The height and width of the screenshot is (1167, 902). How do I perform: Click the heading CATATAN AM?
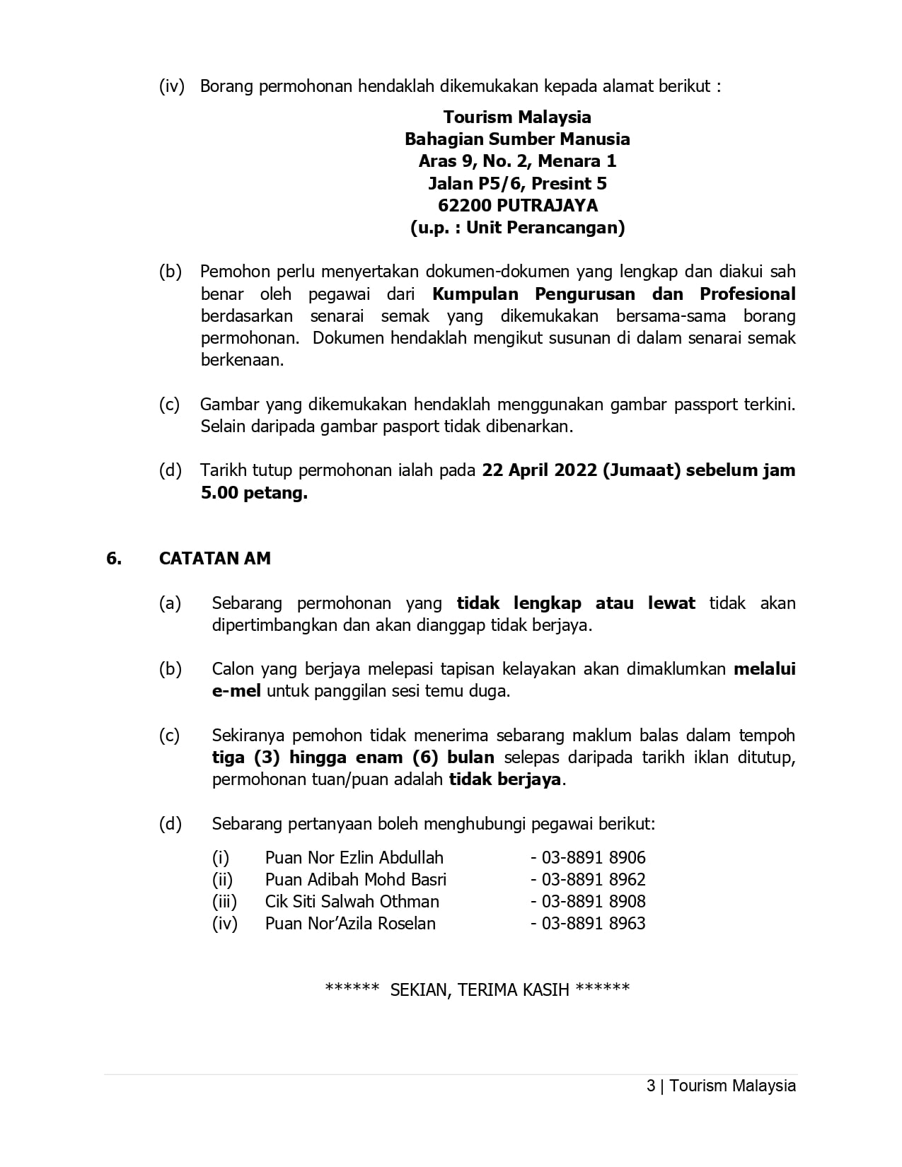[214, 558]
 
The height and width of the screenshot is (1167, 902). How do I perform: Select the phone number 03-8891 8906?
[593, 858]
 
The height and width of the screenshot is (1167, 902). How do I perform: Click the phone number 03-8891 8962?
[593, 880]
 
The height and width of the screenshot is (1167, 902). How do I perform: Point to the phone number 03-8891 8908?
[593, 902]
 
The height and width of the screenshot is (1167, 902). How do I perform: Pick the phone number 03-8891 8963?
[593, 924]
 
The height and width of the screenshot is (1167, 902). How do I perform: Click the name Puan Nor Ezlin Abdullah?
[354, 858]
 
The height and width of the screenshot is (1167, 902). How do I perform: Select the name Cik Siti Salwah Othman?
[352, 902]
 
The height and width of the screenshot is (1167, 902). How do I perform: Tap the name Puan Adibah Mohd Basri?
[355, 880]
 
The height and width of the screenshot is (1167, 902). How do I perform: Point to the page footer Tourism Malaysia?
[732, 1086]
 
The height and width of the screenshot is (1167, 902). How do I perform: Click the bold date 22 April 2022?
[539, 470]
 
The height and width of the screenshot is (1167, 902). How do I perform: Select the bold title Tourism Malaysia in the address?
[517, 117]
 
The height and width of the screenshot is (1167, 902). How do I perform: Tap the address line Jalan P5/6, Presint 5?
[517, 184]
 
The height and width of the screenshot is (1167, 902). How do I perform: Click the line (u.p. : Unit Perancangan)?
[517, 228]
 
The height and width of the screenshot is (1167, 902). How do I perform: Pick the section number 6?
[113, 558]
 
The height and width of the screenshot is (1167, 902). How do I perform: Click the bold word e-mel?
[236, 691]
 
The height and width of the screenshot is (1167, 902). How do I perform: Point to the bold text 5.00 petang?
[254, 493]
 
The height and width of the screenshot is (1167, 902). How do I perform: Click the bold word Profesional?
[748, 294]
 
